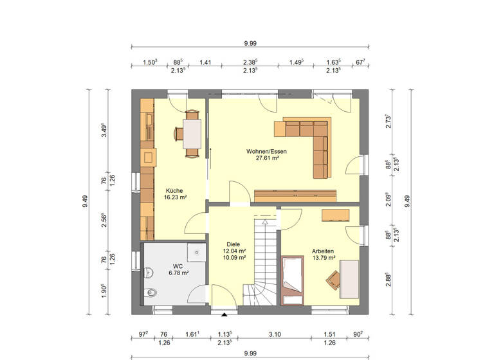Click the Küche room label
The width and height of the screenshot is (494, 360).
pyautogui.click(x=175, y=190)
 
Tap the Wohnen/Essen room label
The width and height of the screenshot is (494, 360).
pyautogui.click(x=266, y=152)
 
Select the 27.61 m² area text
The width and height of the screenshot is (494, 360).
pyautogui.click(x=266, y=158)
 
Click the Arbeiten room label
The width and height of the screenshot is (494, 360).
pyautogui.click(x=323, y=251)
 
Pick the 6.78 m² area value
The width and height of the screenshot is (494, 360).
pyautogui.click(x=178, y=273)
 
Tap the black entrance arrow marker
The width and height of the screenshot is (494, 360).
pyautogui.click(x=224, y=315)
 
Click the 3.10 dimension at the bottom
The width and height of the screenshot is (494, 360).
pyautogui.click(x=275, y=335)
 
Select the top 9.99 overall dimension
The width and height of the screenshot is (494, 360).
pyautogui.click(x=250, y=43)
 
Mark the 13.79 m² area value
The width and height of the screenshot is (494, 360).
pyautogui.click(x=323, y=258)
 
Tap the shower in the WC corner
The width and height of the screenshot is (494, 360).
pyautogui.click(x=196, y=252)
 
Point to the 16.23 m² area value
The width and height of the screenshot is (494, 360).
pyautogui.click(x=175, y=198)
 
